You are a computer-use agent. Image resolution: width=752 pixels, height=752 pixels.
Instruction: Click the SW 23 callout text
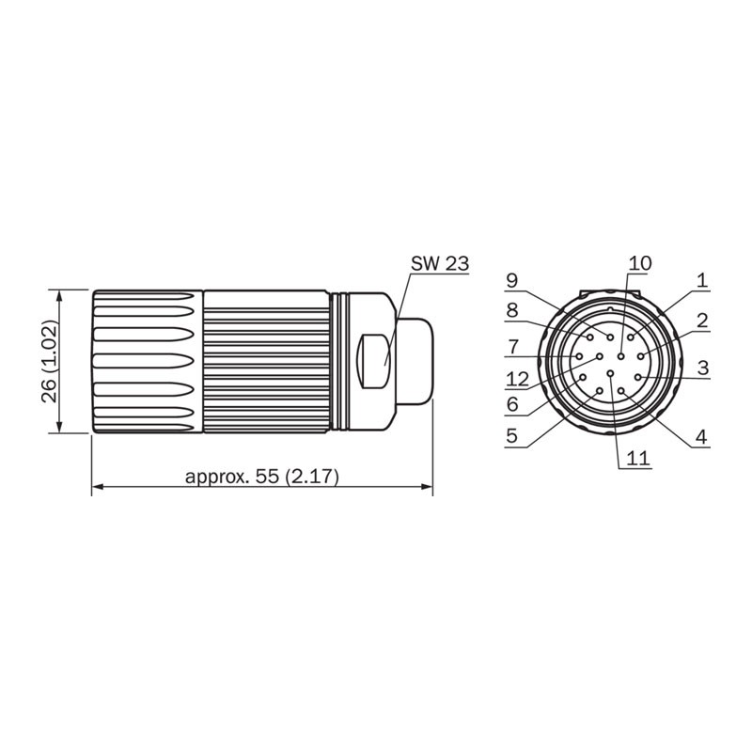(x=439, y=264)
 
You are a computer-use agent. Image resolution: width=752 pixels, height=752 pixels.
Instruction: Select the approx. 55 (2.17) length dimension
(x=261, y=477)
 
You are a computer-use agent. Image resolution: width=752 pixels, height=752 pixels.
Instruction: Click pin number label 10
(x=639, y=263)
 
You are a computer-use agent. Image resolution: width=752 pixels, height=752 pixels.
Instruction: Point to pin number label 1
(x=701, y=279)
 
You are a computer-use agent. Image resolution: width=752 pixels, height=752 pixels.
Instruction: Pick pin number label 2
(x=701, y=321)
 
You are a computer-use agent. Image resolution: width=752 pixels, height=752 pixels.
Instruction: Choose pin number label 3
(x=701, y=366)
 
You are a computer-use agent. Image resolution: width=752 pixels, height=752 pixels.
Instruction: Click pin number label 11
(x=637, y=458)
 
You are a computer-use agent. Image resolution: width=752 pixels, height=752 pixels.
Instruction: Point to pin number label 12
(x=517, y=378)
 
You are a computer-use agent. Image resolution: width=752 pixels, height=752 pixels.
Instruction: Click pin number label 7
(x=512, y=345)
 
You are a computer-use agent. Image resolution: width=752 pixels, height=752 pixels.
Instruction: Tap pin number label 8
(x=512, y=310)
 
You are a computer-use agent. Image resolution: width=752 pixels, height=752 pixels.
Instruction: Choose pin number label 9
(x=512, y=279)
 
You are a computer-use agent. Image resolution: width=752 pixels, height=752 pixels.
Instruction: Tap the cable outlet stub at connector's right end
(x=415, y=361)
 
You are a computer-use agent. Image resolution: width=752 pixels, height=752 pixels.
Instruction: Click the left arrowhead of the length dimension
(x=98, y=488)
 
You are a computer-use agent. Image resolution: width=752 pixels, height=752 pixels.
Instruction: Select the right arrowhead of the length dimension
(x=427, y=488)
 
